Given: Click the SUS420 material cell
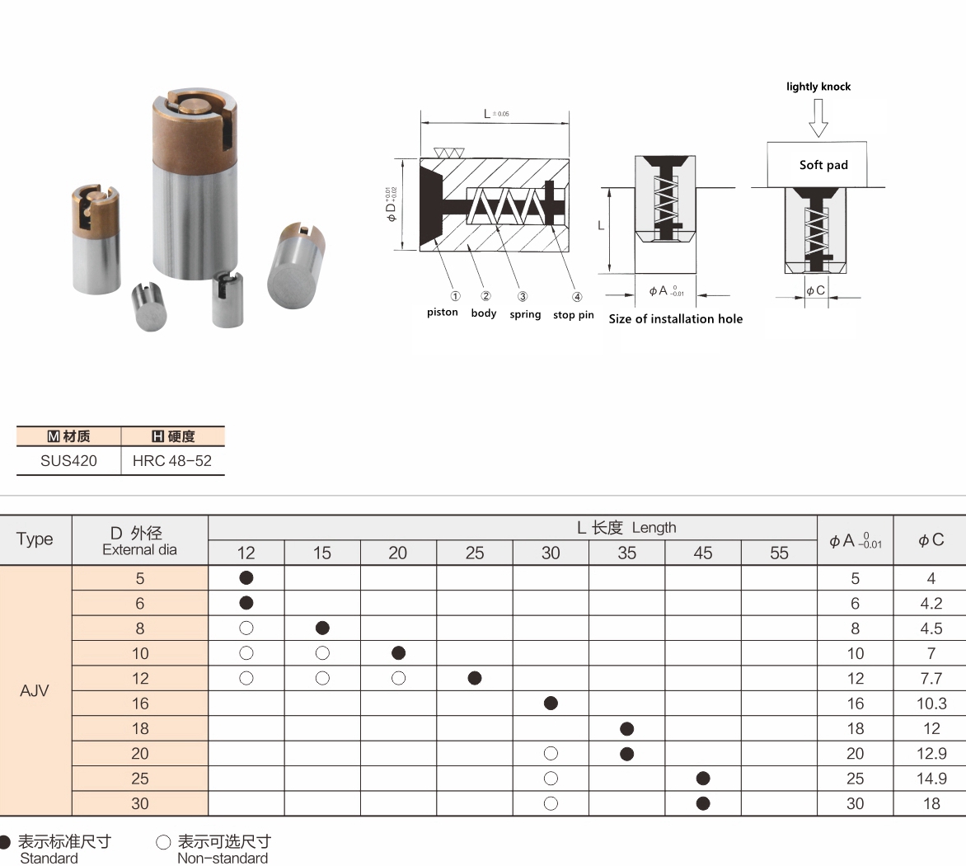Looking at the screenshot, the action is (68, 460).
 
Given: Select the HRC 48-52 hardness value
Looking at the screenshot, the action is (172, 460).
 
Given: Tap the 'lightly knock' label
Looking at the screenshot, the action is (818, 87).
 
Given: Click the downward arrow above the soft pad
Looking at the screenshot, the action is (818, 118).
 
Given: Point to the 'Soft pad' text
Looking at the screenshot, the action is (823, 165).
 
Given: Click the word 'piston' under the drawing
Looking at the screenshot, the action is (443, 313).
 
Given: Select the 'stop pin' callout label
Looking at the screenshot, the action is (573, 315).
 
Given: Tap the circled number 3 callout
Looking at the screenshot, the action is (523, 296).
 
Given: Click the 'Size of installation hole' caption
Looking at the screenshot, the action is (675, 318).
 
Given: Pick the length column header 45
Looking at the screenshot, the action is (703, 553).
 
